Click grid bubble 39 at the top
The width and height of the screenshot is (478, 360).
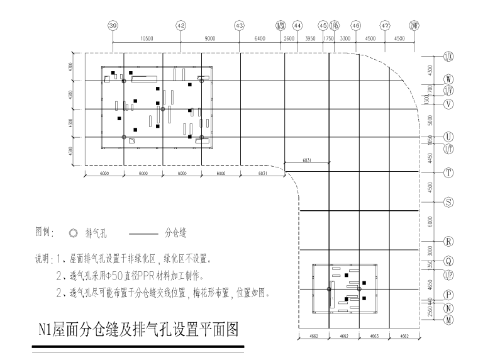113,26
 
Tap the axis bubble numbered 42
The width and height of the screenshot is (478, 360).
181,26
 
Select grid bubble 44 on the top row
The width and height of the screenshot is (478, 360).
298,26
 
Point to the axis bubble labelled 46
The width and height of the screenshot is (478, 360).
356,26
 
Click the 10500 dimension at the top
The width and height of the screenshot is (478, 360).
147,39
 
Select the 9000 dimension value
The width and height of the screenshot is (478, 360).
210,39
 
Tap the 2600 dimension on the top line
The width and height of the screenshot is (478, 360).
289,39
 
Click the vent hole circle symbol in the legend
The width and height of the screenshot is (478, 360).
73,233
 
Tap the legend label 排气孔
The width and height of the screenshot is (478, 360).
96,233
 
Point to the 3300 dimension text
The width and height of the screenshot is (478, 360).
345,39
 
